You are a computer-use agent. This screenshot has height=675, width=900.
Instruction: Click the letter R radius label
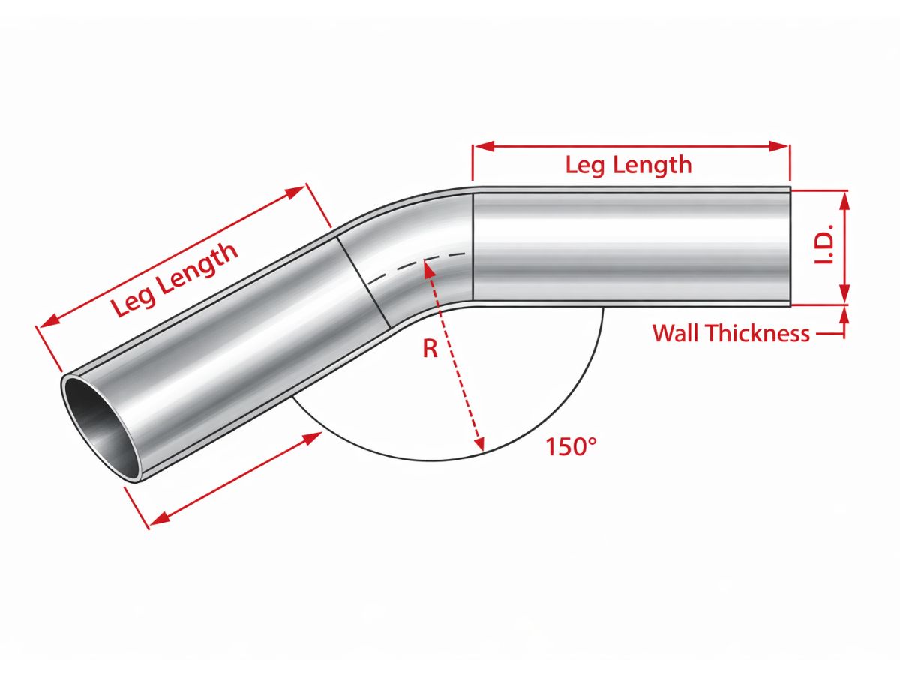[430, 349]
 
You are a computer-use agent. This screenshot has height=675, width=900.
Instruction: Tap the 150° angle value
[571, 447]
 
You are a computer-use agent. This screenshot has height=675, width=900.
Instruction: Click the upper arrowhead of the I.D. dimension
[844, 199]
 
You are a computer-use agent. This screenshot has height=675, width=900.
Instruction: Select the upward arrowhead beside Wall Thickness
[844, 314]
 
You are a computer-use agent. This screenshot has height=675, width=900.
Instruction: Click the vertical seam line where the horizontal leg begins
[472, 247]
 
